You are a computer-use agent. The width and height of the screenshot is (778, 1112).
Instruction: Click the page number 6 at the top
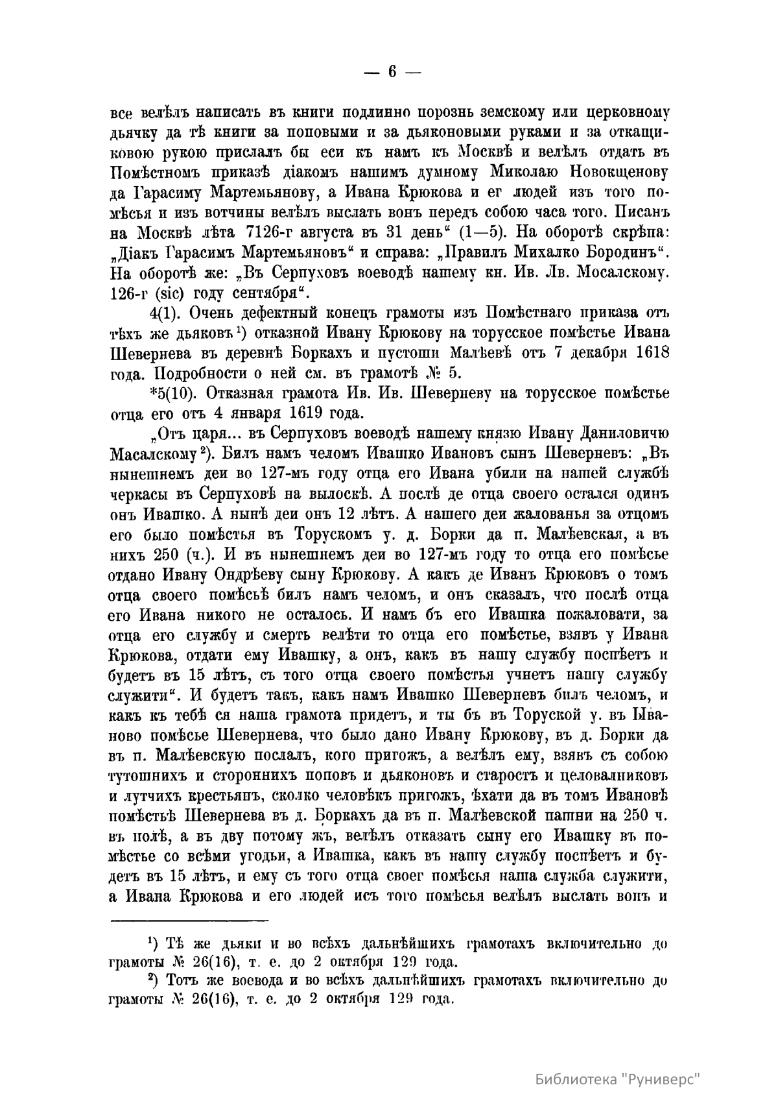point(392,73)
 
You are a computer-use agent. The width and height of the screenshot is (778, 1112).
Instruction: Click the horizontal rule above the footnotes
point(190,919)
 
